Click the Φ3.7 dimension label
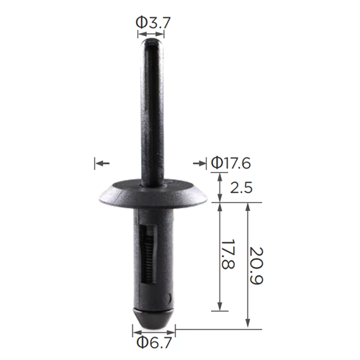153,23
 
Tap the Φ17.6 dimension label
231,163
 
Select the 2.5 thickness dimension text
241,187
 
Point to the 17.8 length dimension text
228,254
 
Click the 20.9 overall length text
256,266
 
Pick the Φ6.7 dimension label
154,343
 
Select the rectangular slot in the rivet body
148,256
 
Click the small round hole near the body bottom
170,297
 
